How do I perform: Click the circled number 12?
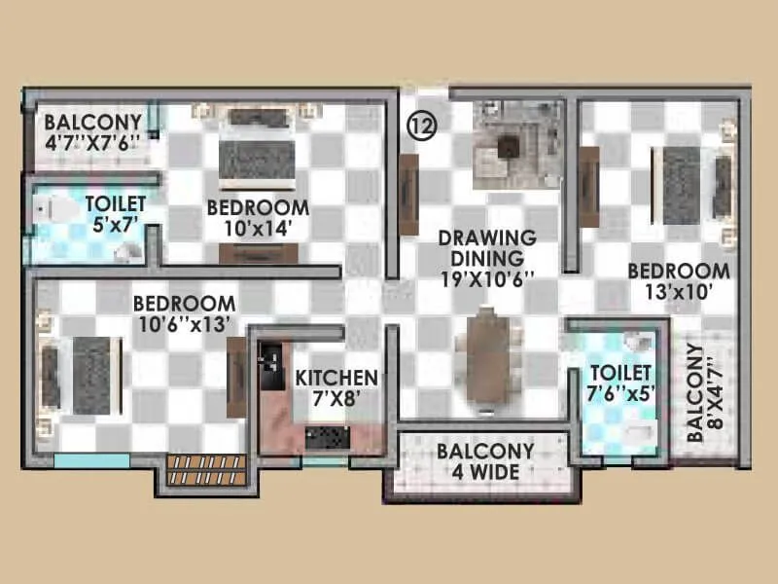(421, 125)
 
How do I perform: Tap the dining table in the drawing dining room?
(486, 355)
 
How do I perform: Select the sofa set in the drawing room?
(515, 144)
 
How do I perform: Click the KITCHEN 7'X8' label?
(336, 387)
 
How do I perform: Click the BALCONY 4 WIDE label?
(484, 462)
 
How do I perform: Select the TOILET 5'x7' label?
(116, 213)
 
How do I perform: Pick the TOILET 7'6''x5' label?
(620, 383)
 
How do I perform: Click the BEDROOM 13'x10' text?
(678, 281)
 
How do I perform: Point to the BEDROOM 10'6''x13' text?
(184, 313)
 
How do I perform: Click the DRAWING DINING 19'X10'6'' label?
(487, 258)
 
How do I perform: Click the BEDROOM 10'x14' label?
(258, 218)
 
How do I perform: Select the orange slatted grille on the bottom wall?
(195, 470)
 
